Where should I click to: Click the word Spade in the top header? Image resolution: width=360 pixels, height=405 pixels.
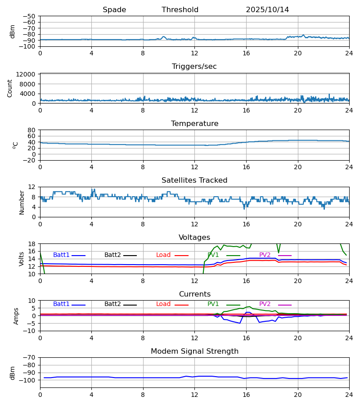[x=114, y=10]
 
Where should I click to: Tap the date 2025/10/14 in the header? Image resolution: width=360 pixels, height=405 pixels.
[x=267, y=10]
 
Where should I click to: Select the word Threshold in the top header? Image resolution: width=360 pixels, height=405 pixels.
[x=180, y=10]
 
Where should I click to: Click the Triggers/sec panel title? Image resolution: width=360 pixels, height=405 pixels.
[x=194, y=67]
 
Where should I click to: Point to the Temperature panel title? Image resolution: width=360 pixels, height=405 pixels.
[x=194, y=124]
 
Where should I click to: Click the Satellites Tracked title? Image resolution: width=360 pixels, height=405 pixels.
[x=194, y=180]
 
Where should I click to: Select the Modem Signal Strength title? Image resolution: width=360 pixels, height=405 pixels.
[x=194, y=351]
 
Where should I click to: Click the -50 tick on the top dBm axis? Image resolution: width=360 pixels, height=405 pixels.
[x=29, y=16]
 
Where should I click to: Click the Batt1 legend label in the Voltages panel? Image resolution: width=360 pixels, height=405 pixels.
[x=61, y=255]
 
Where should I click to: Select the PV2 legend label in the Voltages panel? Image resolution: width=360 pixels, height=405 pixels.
[x=265, y=255]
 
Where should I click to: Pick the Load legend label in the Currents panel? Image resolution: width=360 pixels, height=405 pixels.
[x=163, y=304]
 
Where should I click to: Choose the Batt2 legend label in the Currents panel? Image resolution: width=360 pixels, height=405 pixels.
[x=112, y=304]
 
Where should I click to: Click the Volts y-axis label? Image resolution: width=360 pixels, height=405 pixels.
[x=22, y=259]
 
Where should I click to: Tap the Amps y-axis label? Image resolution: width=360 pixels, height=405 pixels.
[x=16, y=316]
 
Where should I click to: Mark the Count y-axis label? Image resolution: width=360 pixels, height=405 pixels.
[x=10, y=88]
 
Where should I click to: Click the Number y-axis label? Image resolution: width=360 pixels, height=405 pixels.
[x=22, y=202]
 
